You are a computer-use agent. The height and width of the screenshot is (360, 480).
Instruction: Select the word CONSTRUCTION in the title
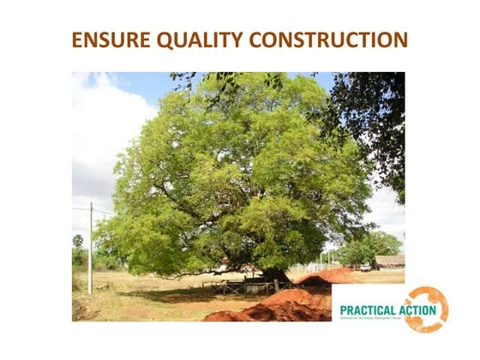coord(329,40)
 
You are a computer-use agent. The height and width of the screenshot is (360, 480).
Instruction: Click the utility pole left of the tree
coord(91,249)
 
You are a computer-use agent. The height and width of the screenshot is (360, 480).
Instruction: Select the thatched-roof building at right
coord(390,261)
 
